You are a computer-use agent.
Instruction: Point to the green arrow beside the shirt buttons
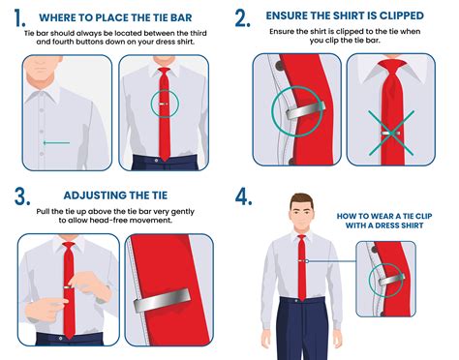pyautogui.click(x=58, y=144)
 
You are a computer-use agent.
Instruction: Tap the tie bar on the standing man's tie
pyautogui.click(x=302, y=260)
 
